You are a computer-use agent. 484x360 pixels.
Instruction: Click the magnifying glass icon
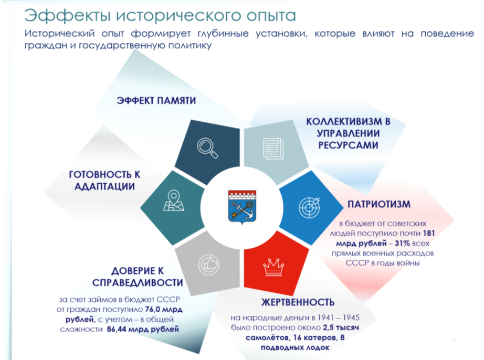tap(207, 148)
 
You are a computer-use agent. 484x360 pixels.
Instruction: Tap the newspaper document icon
tap(273, 149)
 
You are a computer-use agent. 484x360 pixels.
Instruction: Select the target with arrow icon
tap(310, 207)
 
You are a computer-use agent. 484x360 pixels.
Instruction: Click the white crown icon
tap(273, 267)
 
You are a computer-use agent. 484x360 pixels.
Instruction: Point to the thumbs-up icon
tap(208, 264)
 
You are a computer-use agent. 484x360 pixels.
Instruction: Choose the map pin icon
tap(174, 200)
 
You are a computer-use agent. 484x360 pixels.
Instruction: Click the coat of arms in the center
tap(242, 206)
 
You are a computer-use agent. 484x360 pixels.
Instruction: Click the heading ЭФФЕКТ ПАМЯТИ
tap(156, 101)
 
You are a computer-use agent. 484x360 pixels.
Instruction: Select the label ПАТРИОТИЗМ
tap(379, 204)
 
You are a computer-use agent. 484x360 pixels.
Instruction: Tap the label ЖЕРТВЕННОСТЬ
tap(298, 302)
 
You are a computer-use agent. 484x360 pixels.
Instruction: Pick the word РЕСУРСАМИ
tap(348, 145)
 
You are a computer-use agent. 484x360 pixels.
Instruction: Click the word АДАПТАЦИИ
tap(104, 186)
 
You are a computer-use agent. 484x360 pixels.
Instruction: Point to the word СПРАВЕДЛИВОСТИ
tap(138, 282)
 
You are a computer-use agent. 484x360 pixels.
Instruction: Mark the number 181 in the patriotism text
tap(429, 233)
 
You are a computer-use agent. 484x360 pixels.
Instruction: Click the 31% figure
tap(402, 243)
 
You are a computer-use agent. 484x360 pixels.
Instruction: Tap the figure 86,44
tap(117, 329)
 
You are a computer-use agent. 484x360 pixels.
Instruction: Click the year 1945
tap(351, 317)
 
